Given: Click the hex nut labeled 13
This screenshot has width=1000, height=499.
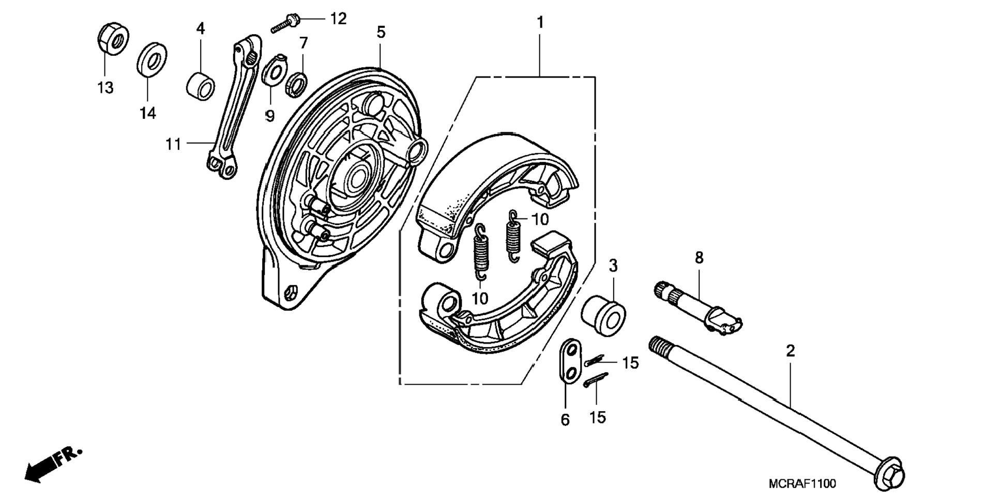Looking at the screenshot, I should pyautogui.click(x=112, y=38).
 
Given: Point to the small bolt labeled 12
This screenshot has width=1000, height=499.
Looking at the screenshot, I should pyautogui.click(x=285, y=24).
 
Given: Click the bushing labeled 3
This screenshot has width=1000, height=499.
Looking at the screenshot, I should pyautogui.click(x=603, y=313).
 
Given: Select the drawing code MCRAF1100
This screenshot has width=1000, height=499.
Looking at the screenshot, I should pyautogui.click(x=801, y=484).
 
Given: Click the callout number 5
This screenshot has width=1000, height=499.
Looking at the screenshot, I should pyautogui.click(x=381, y=33).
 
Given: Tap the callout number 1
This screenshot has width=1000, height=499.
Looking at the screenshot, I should pyautogui.click(x=540, y=23).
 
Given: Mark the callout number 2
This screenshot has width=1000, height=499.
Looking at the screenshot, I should pyautogui.click(x=790, y=351).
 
